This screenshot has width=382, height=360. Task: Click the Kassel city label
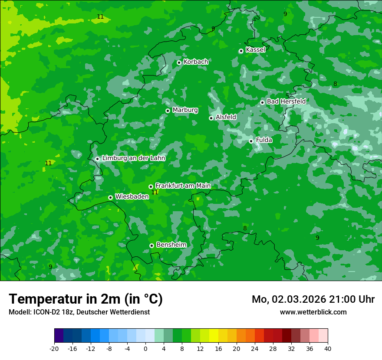[x=255, y=50]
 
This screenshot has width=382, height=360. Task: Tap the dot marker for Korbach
[x=179, y=62]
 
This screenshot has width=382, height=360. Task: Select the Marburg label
[x=185, y=110]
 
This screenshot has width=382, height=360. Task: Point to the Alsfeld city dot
[x=211, y=118]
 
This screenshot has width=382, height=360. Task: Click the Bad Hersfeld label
[x=286, y=101]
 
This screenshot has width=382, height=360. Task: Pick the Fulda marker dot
[x=251, y=141]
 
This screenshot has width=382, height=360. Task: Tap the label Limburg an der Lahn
[x=133, y=158]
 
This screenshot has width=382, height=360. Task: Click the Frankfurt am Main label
[x=183, y=186]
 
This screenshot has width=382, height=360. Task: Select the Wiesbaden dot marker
[x=110, y=197]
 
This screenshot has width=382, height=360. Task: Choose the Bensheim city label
[x=171, y=245]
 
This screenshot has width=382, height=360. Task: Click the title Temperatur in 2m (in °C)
[x=86, y=299]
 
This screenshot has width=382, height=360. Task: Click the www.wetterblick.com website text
[x=313, y=312]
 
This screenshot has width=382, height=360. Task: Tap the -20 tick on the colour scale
[x=54, y=349]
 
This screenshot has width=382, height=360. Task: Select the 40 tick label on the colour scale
[x=327, y=349]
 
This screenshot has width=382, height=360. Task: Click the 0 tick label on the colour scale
[x=145, y=349]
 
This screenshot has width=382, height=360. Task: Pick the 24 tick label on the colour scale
[x=254, y=349]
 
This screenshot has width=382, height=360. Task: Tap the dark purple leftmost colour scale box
[x=59, y=336]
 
